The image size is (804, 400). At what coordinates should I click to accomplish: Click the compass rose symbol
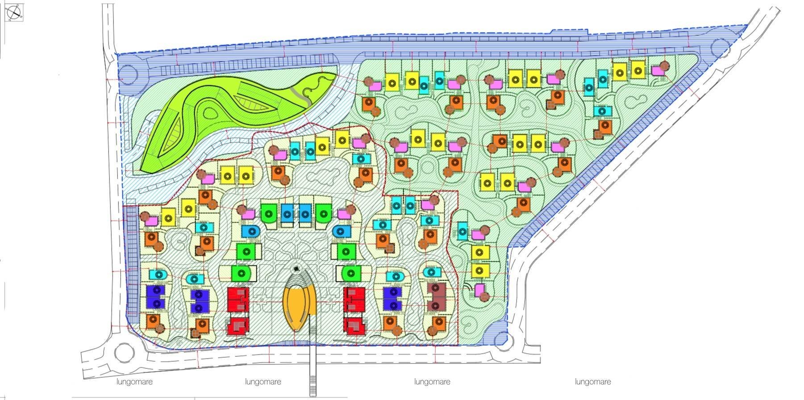tap(14, 12)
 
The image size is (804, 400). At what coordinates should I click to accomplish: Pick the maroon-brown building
tap(436, 297)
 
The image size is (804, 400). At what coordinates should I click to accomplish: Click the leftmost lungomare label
tap(134, 382)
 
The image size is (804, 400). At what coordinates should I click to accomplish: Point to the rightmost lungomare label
tap(592, 382)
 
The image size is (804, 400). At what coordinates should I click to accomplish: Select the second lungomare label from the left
tap(263, 382)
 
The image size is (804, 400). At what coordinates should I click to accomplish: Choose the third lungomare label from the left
tap(432, 382)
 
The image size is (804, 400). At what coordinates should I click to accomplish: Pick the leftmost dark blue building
tap(156, 297)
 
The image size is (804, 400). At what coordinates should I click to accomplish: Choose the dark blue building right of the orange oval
tap(393, 298)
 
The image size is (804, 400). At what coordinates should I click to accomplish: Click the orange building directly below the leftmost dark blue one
tap(152, 321)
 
